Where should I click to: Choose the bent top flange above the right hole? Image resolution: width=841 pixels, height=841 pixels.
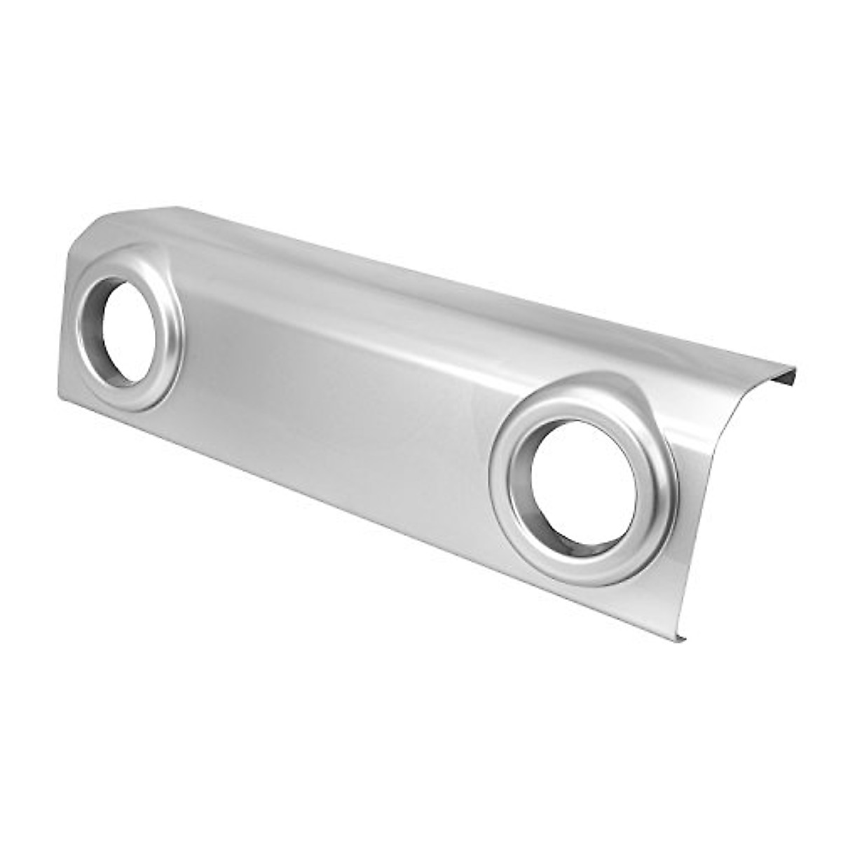coord(596,329)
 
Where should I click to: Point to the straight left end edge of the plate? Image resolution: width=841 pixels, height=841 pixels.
coord(61,329)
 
